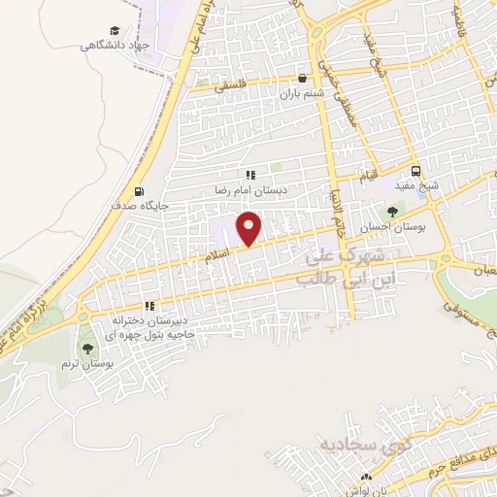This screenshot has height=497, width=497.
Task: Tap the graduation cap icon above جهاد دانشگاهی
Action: coord(116,31)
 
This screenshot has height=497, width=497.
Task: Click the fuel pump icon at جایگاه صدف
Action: coord(142,191)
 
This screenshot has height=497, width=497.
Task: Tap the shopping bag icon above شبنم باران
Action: coord(303,80)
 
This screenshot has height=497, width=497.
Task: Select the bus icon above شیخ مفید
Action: coord(415,167)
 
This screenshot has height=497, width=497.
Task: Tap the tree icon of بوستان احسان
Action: coord(392,212)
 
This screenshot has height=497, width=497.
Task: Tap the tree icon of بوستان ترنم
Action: coord(87,348)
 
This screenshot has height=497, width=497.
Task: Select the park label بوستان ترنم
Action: coord(86,364)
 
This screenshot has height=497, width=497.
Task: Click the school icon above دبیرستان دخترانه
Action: coord(149,305)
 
